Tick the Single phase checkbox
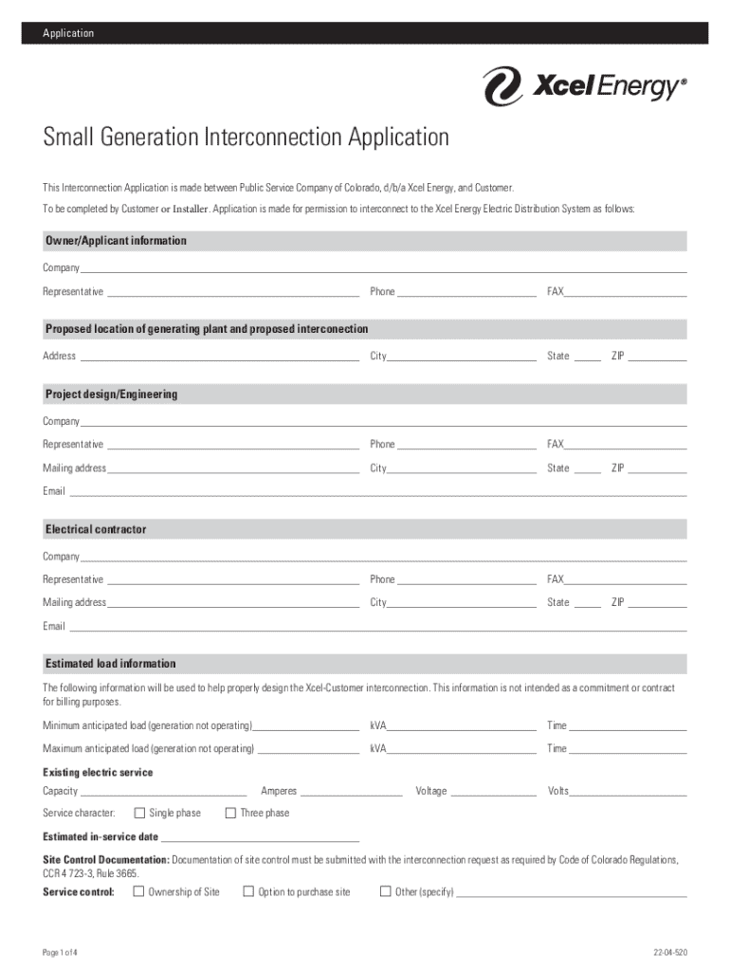click(x=139, y=813)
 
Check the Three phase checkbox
click(x=230, y=813)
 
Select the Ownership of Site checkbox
click(x=138, y=891)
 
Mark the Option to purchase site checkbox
click(x=248, y=891)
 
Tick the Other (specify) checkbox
click(x=385, y=891)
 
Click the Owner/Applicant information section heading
click(x=116, y=241)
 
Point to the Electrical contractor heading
click(x=96, y=529)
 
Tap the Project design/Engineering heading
click(x=111, y=394)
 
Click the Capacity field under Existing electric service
click(x=163, y=791)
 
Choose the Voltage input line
click(x=493, y=791)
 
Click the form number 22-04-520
click(x=669, y=952)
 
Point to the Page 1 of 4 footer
click(x=60, y=952)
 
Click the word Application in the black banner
click(x=68, y=33)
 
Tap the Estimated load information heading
click(x=110, y=664)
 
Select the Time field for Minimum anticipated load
click(x=627, y=726)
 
